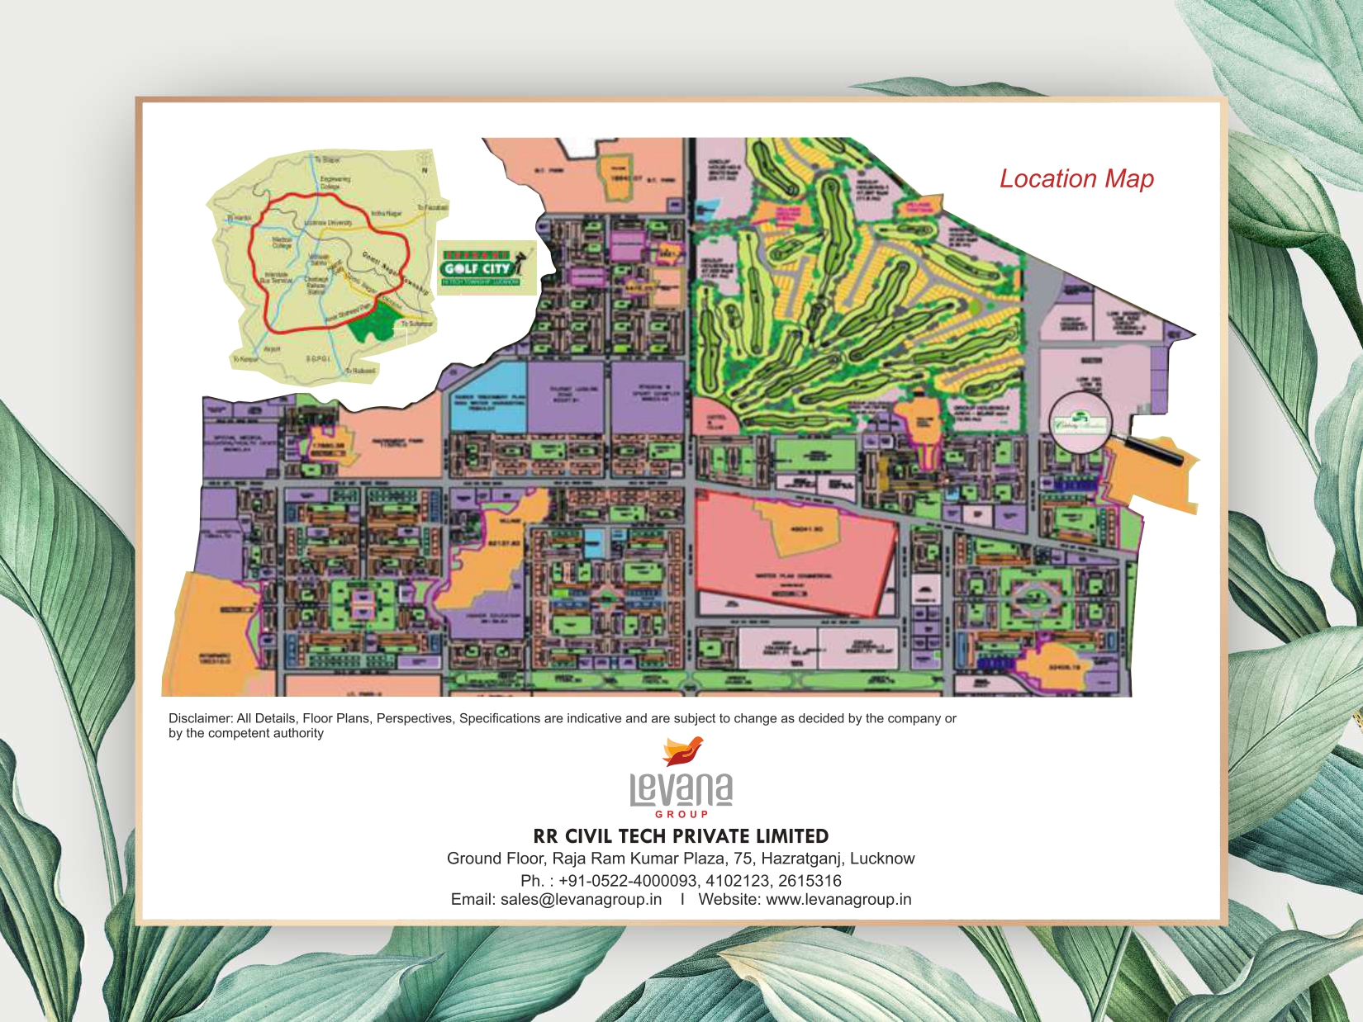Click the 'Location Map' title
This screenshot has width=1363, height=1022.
1076,179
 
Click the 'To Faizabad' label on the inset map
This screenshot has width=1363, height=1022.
432,208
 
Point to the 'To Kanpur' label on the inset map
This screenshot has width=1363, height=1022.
245,359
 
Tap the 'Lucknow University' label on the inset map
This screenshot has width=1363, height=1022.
328,223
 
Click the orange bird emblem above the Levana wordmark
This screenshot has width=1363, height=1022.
682,751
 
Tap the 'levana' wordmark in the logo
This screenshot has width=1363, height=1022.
681,789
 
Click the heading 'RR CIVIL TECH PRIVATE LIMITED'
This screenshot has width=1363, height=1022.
681,836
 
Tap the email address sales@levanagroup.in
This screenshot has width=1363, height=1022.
581,900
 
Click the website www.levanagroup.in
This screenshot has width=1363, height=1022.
838,900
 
